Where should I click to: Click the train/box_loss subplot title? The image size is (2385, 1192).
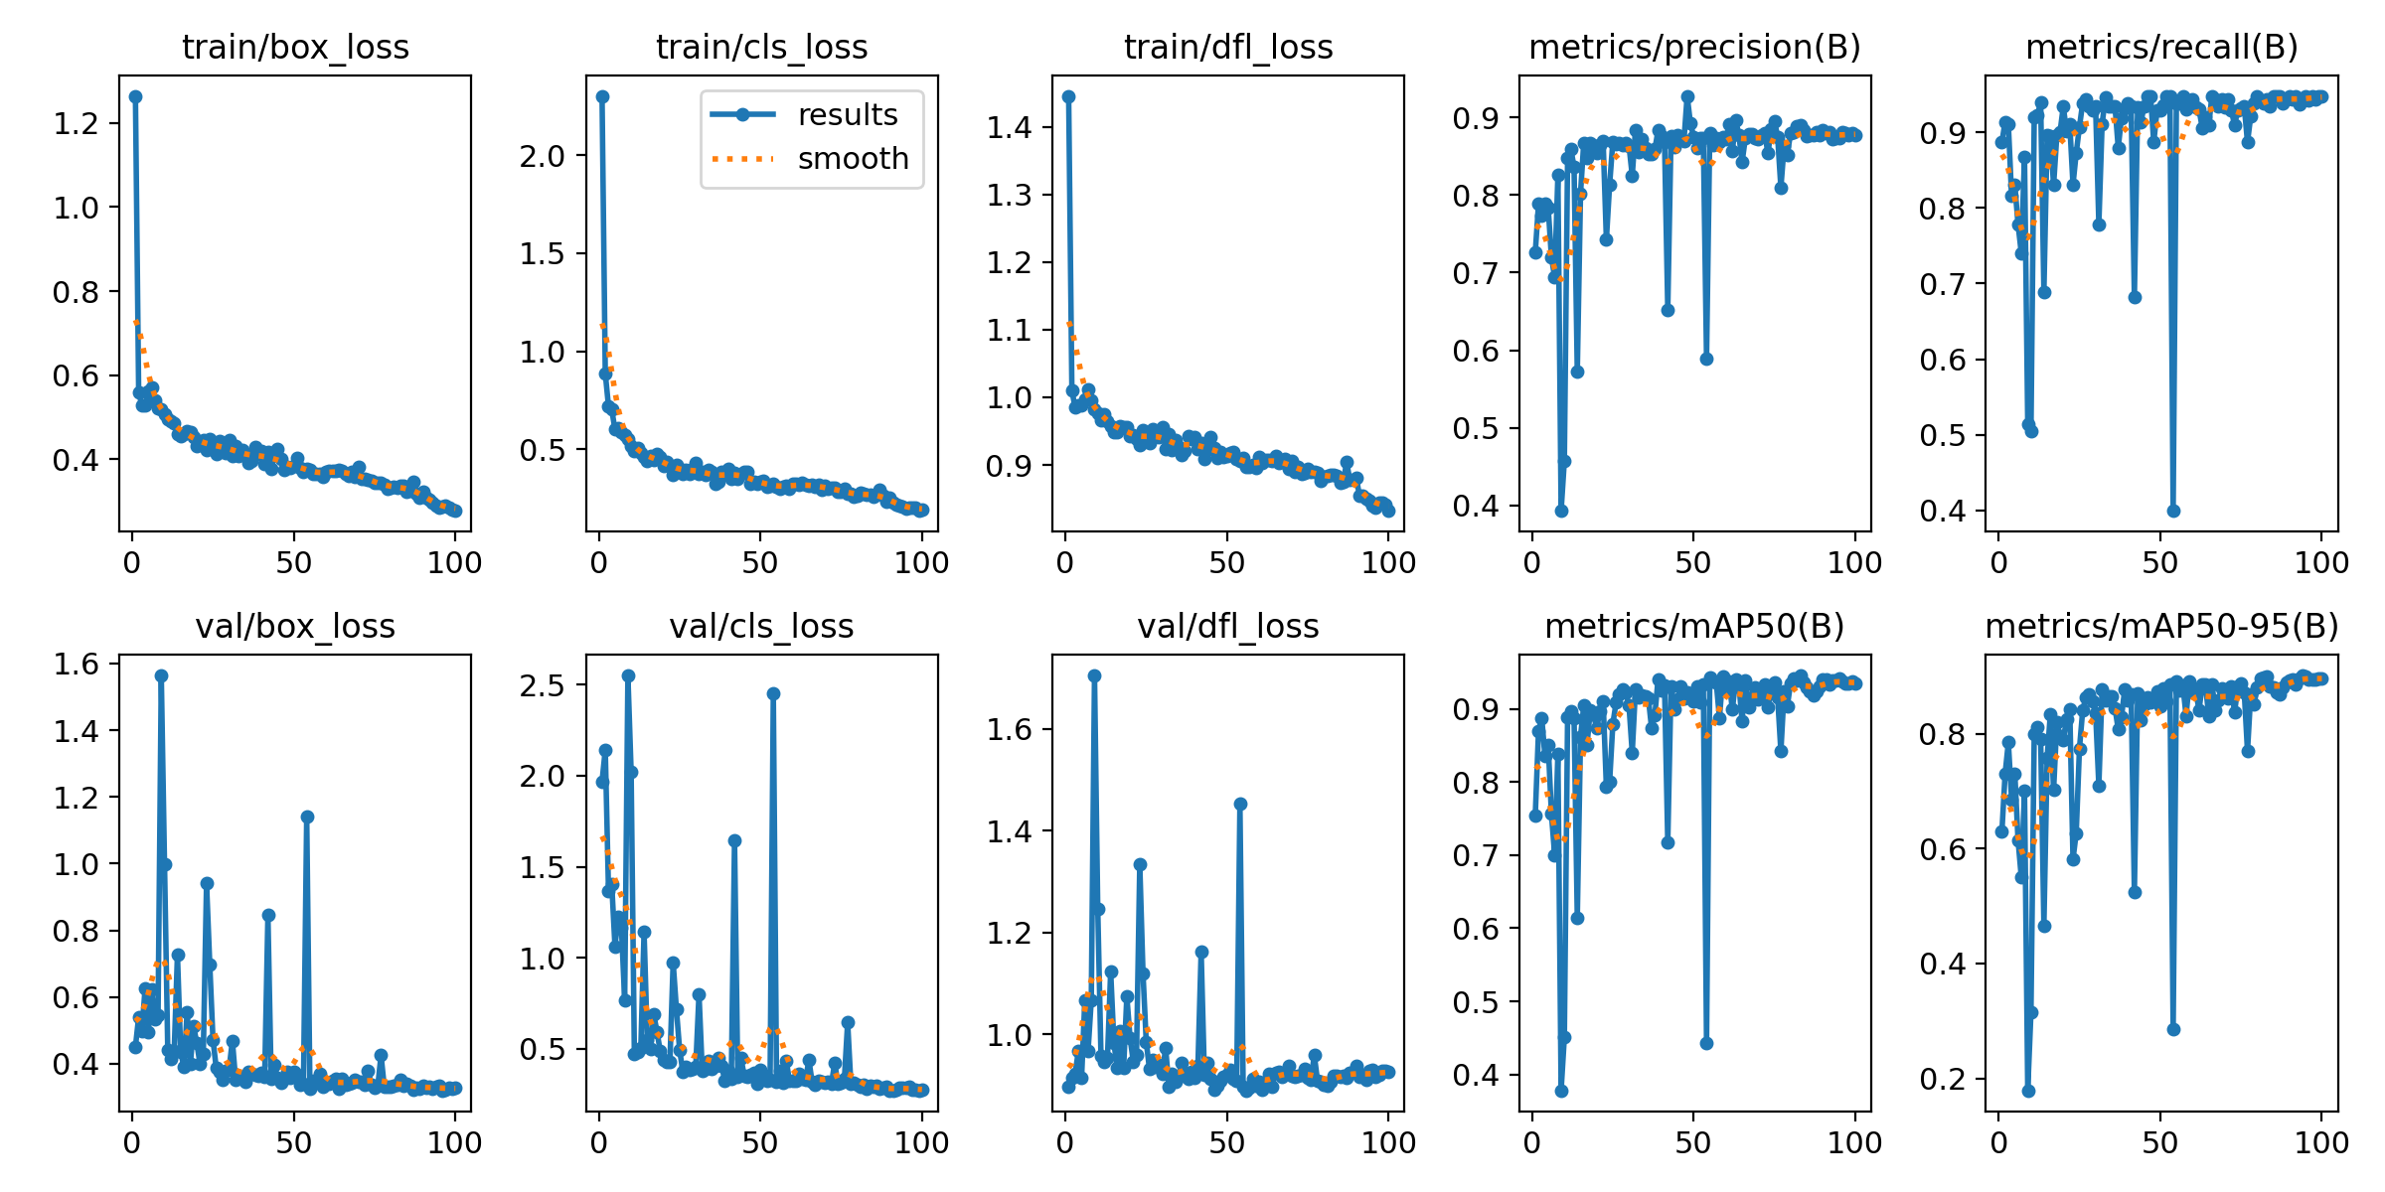[x=295, y=47]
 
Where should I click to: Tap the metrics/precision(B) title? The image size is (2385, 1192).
[x=1694, y=47]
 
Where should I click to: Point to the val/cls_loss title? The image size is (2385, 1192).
[x=761, y=626]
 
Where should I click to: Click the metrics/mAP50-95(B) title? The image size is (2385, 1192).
[x=2161, y=626]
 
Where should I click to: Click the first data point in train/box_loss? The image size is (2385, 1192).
[x=135, y=96]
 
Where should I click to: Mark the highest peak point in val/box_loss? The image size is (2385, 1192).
[x=161, y=675]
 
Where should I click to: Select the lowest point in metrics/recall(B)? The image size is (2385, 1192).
[x=2173, y=511]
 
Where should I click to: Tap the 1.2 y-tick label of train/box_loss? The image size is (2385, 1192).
[x=77, y=124]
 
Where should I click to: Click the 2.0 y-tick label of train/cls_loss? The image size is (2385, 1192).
[x=542, y=156]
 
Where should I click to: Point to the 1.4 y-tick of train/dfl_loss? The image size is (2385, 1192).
[x=1009, y=127]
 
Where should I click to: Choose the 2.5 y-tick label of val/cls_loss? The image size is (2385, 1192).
[x=542, y=685]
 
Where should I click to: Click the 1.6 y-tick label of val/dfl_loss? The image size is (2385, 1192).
[x=1009, y=730]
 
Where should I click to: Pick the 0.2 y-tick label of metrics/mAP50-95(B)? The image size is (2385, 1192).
[x=1943, y=1079]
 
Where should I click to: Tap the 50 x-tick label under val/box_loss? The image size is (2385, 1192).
[x=294, y=1143]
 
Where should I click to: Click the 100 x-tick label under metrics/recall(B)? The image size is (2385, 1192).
[x=2321, y=563]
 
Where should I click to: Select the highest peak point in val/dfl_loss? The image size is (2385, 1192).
[x=1094, y=675]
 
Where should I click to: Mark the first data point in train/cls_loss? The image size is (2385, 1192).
[x=602, y=96]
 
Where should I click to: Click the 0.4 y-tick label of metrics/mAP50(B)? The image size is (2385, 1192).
[x=1476, y=1075]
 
